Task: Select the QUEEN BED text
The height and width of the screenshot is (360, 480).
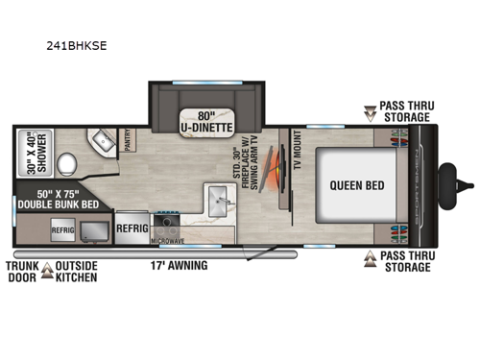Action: [x=351, y=185]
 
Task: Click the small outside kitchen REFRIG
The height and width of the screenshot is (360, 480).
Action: [x=63, y=231]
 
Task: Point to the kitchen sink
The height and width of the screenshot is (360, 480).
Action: [x=215, y=203]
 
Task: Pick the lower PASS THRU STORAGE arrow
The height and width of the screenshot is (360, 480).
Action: [x=371, y=258]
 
